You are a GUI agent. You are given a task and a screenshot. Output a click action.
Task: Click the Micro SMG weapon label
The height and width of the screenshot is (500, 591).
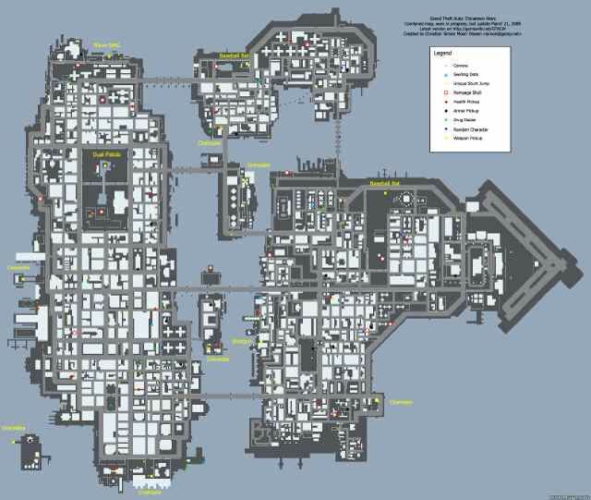107,44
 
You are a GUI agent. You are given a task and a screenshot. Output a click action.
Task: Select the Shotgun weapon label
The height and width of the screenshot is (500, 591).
243,341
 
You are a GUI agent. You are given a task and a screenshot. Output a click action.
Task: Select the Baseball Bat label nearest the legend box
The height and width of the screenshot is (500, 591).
384,184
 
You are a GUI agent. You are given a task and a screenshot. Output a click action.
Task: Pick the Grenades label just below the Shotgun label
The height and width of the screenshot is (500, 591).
218,358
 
